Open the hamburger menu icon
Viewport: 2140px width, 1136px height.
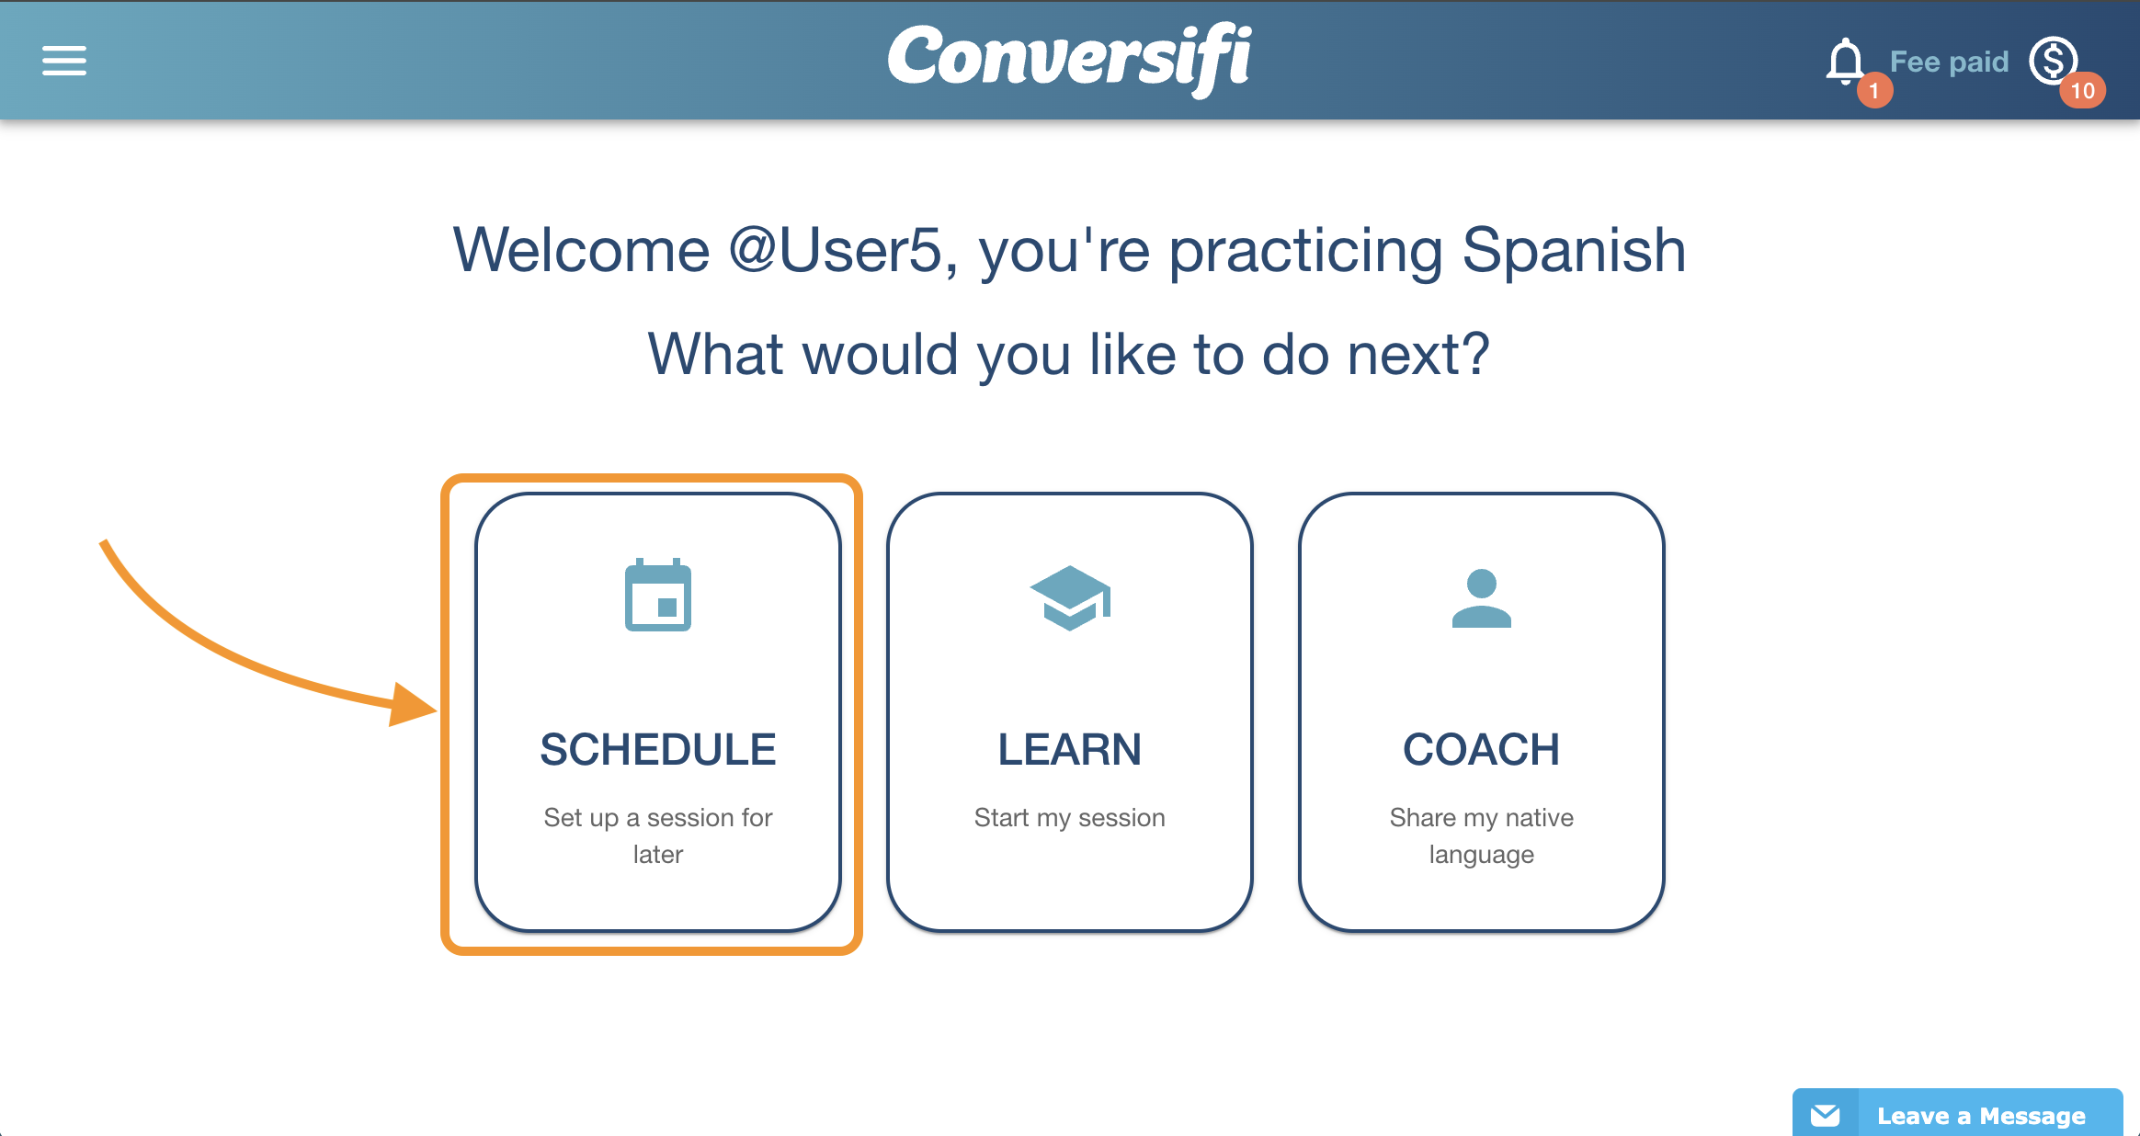(64, 61)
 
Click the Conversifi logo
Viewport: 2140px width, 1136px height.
(1069, 60)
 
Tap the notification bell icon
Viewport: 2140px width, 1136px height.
(1844, 62)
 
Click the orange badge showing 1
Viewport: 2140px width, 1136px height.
(1874, 91)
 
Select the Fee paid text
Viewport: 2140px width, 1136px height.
(1949, 62)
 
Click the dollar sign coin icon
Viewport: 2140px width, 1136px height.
(2054, 61)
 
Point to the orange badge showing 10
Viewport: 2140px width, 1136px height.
(2082, 90)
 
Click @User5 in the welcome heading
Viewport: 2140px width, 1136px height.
(836, 250)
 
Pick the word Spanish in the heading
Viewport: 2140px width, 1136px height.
(1574, 250)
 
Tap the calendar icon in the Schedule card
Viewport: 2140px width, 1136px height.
(658, 595)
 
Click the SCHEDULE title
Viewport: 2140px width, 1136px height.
(658, 749)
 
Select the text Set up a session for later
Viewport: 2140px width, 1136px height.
(658, 835)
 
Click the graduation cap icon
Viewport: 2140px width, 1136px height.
(1070, 598)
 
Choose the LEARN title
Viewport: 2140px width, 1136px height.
(1070, 749)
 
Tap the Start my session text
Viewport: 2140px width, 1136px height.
(1070, 817)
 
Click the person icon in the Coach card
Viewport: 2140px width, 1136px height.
(1482, 598)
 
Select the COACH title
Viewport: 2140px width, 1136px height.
(1482, 749)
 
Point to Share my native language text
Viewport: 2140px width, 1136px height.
(1482, 835)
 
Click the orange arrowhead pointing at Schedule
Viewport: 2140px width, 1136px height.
(412, 705)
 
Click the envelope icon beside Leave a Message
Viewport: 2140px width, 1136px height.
(1826, 1115)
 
